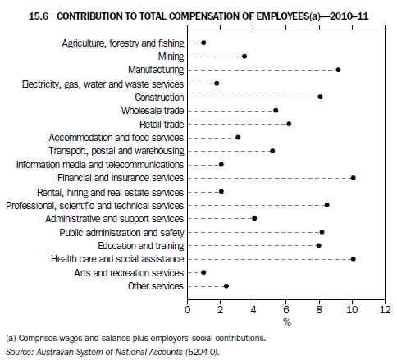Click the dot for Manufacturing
pos(338,70)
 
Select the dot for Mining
pos(244,57)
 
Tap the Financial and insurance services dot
pos(353,178)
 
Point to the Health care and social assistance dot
pos(353,259)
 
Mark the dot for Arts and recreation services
pos(203,272)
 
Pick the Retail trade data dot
pos(289,124)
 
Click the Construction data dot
pos(320,97)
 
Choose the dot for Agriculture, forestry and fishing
pos(203,43)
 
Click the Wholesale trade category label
pos(152,111)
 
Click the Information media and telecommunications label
pos(99,164)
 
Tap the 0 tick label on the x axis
pos(188,310)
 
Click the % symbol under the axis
pos(286,322)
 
